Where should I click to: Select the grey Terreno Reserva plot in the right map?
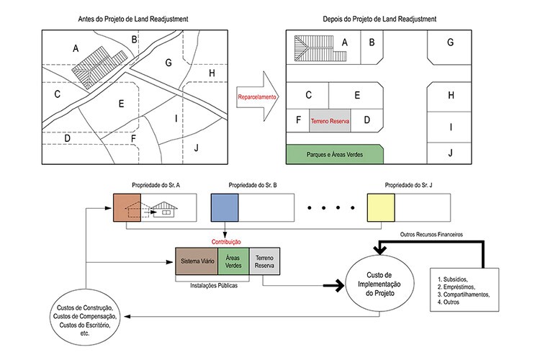coord(330,122)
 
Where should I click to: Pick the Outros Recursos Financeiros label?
coord(432,235)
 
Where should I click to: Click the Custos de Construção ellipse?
coord(85,317)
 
